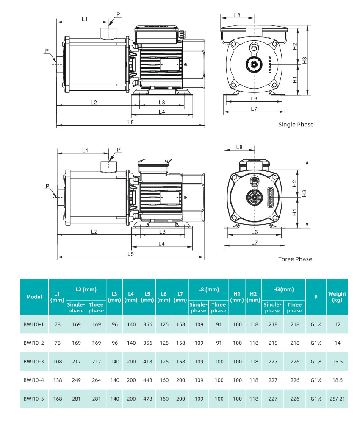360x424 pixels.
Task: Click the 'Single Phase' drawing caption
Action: (x=296, y=124)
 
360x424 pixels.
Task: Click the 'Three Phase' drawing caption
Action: (x=295, y=259)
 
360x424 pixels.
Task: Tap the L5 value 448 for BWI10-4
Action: (x=147, y=380)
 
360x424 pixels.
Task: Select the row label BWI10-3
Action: (x=34, y=362)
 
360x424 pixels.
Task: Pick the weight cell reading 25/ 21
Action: (x=337, y=399)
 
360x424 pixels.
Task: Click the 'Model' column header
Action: (x=34, y=297)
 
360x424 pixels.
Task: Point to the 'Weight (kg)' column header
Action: (x=337, y=297)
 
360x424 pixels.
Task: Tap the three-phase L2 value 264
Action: (x=96, y=380)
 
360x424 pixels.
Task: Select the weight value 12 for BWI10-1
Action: (x=337, y=324)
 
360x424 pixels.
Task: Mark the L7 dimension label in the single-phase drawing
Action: (x=254, y=109)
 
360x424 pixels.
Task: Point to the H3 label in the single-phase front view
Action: (x=305, y=60)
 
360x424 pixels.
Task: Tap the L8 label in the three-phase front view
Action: (x=239, y=147)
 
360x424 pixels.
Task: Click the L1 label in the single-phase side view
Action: (x=85, y=19)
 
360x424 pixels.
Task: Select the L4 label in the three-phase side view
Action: (x=162, y=244)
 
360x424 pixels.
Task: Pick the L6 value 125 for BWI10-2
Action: (x=164, y=343)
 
